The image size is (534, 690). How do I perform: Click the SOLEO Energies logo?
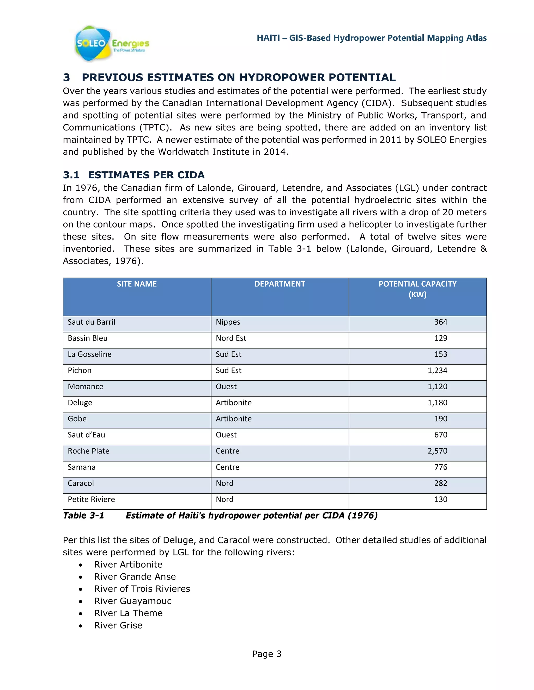click(111, 43)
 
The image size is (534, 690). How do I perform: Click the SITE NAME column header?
click(137, 284)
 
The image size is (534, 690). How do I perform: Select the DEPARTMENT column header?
click(280, 284)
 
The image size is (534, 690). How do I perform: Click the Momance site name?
click(86, 386)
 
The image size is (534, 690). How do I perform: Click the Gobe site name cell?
click(77, 419)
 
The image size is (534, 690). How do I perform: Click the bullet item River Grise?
click(118, 625)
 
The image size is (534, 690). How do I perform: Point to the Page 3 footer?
click(266, 654)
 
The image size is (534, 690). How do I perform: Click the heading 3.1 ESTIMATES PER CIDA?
click(133, 175)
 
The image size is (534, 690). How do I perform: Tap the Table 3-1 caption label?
click(83, 516)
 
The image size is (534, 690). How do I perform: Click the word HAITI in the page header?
click(268, 38)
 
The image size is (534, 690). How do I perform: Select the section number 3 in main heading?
click(66, 77)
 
